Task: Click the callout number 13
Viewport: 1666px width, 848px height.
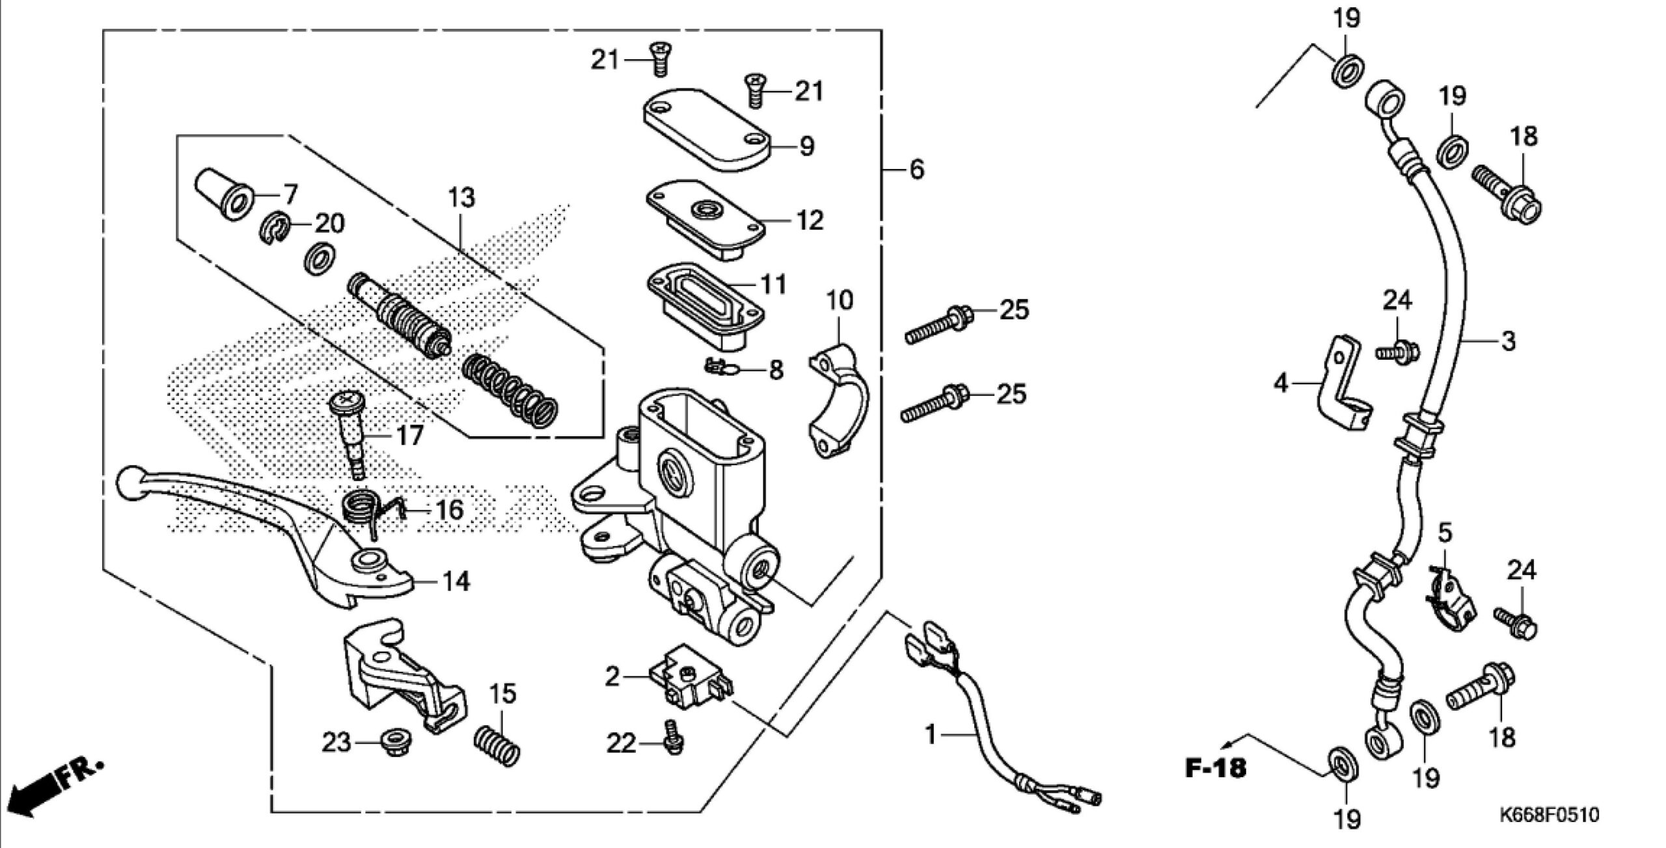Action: point(461,197)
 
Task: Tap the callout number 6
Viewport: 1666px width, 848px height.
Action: point(916,170)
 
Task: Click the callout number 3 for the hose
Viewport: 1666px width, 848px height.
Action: point(1508,341)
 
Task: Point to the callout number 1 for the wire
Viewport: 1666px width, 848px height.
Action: point(931,736)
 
